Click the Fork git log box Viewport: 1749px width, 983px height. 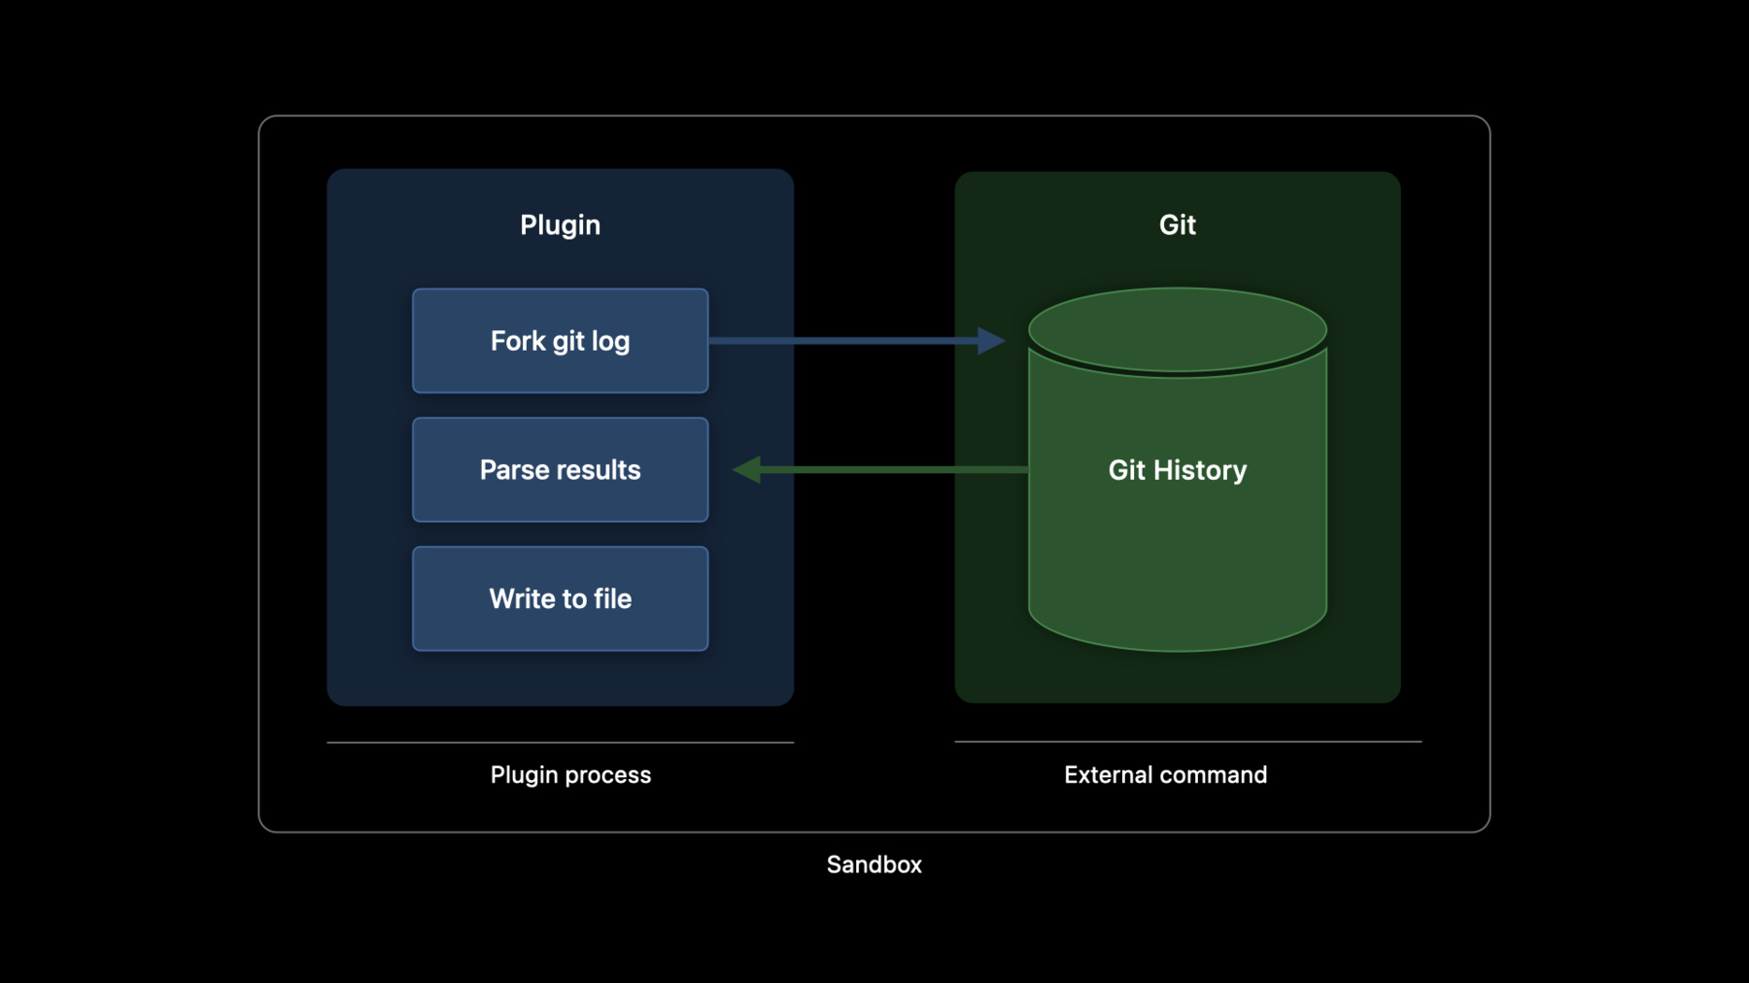[x=560, y=341]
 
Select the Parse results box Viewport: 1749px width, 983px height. [x=560, y=470]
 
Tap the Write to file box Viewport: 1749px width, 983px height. [x=560, y=598]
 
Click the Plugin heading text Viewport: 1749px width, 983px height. [x=560, y=225]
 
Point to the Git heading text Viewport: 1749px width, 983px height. [x=1178, y=224]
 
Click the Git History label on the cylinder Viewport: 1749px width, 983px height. [x=1178, y=470]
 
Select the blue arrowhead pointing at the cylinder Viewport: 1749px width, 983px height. [x=991, y=340]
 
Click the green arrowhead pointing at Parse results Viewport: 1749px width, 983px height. [x=746, y=469]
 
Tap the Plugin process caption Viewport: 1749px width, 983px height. [x=570, y=775]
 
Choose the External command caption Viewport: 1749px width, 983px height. [x=1165, y=774]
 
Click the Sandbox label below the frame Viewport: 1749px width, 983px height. [x=874, y=864]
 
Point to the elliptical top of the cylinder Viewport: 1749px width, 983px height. [x=1178, y=329]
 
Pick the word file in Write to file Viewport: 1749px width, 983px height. [x=612, y=598]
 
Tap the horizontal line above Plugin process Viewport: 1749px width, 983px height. [x=561, y=742]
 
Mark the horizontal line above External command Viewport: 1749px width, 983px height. [x=1188, y=741]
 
